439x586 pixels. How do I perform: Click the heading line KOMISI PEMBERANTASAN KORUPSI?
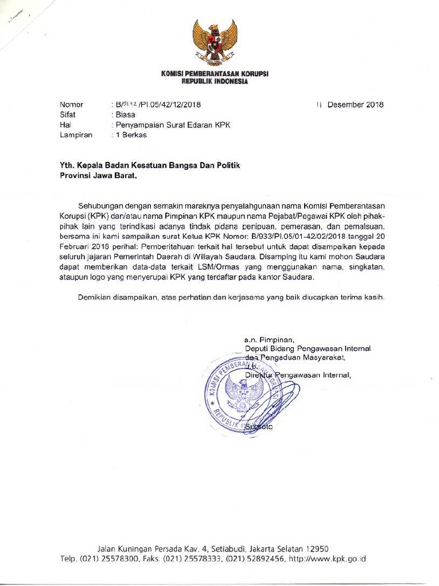click(x=215, y=74)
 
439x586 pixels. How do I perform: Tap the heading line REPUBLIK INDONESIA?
click(x=215, y=82)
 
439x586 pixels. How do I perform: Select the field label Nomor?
click(x=71, y=105)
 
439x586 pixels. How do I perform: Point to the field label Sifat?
click(x=68, y=114)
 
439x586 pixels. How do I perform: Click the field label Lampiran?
click(x=76, y=135)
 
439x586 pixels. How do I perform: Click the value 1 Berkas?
click(x=131, y=135)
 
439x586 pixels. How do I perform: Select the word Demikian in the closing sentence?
click(x=95, y=298)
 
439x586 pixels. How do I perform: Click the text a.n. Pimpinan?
click(x=269, y=339)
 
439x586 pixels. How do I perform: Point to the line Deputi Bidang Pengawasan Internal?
click(x=308, y=348)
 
